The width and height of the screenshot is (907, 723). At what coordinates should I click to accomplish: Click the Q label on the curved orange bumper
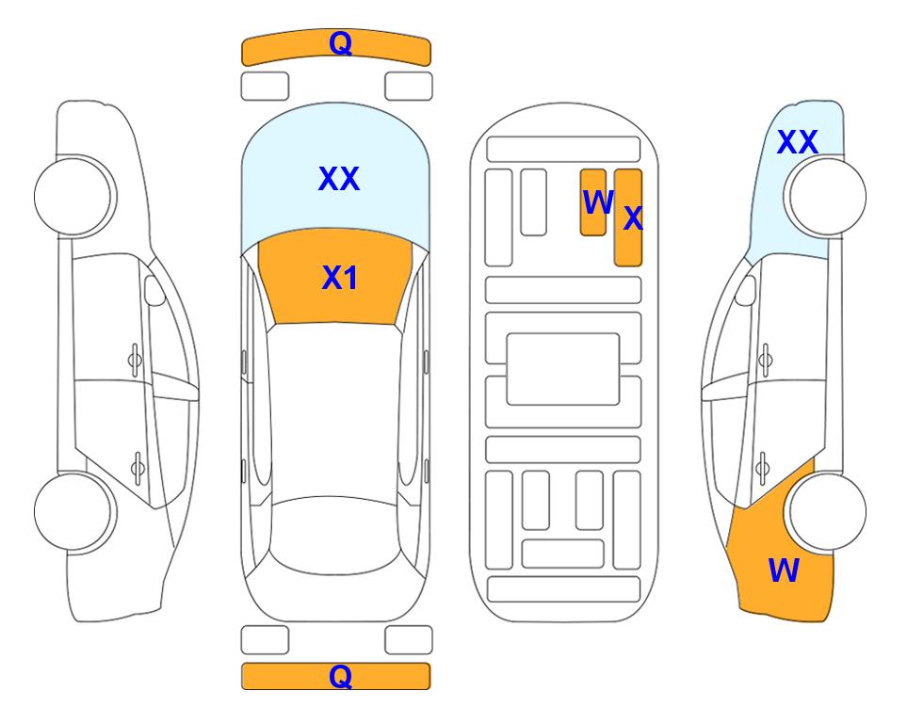tap(340, 43)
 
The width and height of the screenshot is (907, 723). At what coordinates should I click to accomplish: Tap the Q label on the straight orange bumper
tap(340, 676)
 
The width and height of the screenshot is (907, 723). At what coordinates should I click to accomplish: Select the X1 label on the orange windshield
tap(340, 278)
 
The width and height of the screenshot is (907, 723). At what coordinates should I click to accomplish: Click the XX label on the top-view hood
tap(339, 179)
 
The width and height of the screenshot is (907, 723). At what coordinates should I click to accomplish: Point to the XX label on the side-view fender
tap(797, 142)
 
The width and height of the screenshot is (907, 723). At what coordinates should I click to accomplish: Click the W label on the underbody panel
tap(597, 202)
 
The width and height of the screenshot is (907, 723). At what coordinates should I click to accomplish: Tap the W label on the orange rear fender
tap(784, 570)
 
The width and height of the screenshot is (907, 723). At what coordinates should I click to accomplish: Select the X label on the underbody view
tap(633, 218)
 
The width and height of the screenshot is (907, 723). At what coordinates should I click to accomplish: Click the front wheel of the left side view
tap(75, 197)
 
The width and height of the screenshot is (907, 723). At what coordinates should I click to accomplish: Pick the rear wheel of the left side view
tap(75, 512)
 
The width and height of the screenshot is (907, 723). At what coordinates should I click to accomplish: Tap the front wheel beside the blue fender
tap(825, 197)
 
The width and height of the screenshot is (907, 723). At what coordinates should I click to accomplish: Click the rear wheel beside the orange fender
tap(825, 512)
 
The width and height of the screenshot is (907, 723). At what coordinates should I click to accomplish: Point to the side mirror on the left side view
tap(154, 290)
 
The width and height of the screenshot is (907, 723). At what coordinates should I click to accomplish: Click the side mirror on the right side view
tap(746, 290)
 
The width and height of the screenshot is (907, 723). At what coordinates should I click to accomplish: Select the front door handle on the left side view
tap(135, 360)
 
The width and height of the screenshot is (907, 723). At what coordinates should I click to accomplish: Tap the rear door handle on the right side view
tap(763, 468)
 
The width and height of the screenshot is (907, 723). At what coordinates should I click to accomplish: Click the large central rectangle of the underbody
tap(563, 369)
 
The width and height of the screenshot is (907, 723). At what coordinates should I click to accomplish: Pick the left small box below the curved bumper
tap(265, 87)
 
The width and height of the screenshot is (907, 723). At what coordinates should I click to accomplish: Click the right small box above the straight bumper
tap(409, 640)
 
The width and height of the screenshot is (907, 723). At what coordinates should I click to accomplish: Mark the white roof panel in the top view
tap(334, 410)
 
